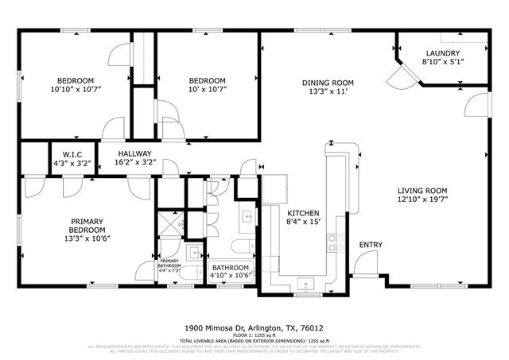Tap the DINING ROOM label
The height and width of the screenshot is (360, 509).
tap(327, 82)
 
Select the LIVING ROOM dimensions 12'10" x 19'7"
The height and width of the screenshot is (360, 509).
tap(422, 202)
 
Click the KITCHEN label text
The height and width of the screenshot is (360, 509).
tap(303, 214)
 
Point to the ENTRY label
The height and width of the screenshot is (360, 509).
tap(371, 245)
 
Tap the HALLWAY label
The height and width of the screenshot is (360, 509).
tap(134, 153)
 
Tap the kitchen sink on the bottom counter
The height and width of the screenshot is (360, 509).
tap(305, 283)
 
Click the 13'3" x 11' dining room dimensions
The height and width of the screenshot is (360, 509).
tap(327, 91)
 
